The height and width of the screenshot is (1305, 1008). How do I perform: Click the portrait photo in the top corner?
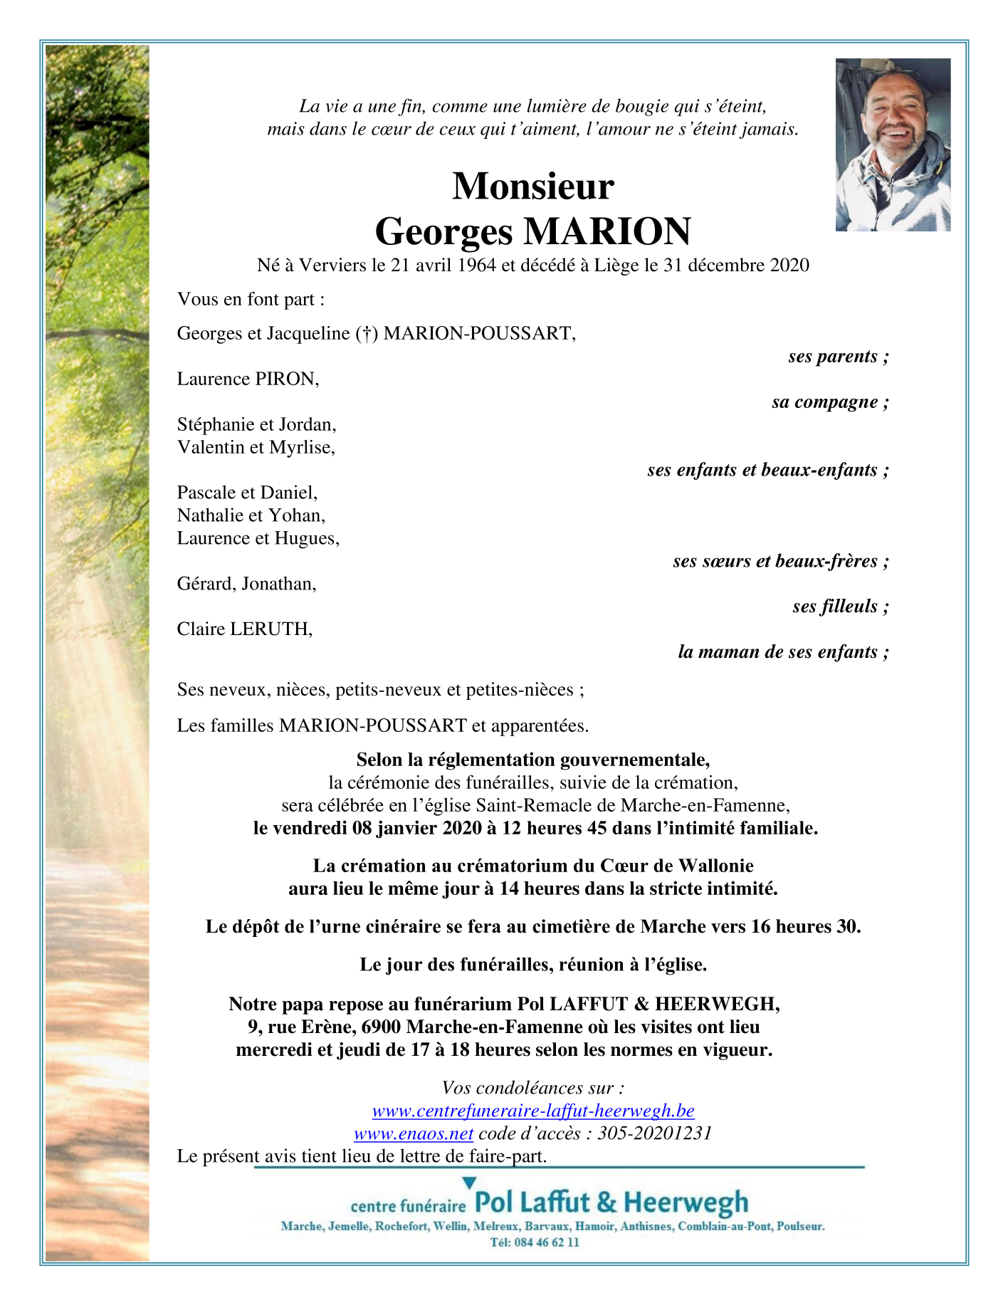tap(893, 145)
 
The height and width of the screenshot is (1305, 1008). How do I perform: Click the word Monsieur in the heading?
tap(532, 187)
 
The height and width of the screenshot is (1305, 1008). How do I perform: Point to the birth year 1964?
tap(476, 266)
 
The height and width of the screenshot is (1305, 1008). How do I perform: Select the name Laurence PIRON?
tap(248, 379)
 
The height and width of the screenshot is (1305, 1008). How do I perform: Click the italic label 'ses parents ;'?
tap(838, 357)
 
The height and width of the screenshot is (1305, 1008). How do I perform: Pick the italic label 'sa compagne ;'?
tap(830, 402)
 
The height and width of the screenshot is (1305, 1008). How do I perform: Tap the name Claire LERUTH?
tap(244, 629)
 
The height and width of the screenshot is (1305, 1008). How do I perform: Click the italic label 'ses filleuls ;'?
tap(840, 607)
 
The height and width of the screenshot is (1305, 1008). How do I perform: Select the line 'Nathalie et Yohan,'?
tap(251, 515)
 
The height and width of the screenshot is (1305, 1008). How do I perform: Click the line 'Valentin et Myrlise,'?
tap(256, 447)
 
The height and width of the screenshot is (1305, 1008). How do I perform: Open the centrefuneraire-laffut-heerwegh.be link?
tap(533, 1111)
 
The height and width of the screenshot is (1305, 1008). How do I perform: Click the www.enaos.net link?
tap(414, 1133)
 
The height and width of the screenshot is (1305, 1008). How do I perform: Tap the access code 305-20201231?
tap(654, 1133)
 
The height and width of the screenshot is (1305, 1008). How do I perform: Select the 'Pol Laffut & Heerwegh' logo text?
tap(611, 1202)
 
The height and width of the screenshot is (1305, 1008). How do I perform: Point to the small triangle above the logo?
tap(469, 1183)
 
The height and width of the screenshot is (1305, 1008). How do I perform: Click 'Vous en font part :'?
tap(251, 300)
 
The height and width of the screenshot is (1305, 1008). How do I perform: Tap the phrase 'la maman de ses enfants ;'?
tap(783, 652)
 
